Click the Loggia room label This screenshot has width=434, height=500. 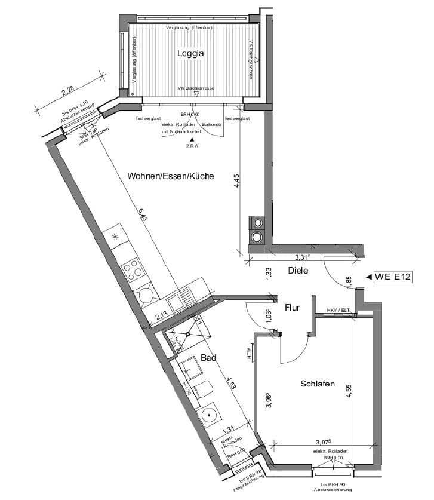(x=190, y=54)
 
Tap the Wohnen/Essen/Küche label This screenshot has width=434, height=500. (x=170, y=176)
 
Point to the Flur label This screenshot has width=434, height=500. (x=292, y=308)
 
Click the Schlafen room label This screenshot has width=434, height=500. (x=317, y=384)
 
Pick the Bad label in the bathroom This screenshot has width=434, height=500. (x=208, y=358)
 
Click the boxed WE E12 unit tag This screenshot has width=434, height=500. (x=393, y=277)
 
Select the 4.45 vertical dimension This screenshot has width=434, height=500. (x=237, y=180)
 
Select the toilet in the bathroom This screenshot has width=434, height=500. (x=204, y=389)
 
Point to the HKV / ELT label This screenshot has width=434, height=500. (x=338, y=311)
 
